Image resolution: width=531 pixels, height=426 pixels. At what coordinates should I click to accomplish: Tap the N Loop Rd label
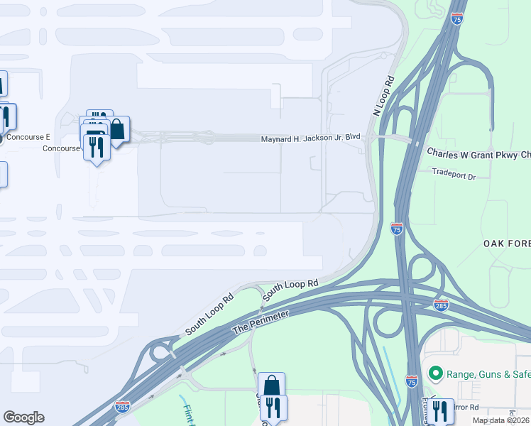[x=383, y=97]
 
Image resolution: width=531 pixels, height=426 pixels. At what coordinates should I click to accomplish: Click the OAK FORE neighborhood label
[x=506, y=244]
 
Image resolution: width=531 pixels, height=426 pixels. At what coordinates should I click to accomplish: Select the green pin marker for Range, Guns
[x=435, y=373]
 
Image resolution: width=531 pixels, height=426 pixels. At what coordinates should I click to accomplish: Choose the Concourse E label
[x=28, y=137]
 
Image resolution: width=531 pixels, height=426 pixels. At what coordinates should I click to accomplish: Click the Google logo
[x=23, y=417]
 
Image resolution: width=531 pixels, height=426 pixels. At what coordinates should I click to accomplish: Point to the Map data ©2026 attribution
[x=500, y=420]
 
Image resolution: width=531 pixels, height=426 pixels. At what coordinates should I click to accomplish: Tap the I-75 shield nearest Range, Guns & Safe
[x=412, y=382]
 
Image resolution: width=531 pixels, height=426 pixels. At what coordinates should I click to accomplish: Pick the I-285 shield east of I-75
[x=440, y=305]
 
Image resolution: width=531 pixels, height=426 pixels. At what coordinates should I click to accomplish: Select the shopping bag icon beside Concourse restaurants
[x=117, y=130]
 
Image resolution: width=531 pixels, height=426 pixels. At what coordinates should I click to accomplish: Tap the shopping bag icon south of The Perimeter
[x=271, y=386]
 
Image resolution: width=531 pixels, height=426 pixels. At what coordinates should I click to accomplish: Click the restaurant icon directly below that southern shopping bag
[x=273, y=407]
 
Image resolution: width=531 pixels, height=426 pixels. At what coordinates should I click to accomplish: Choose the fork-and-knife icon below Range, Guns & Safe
[x=442, y=410]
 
